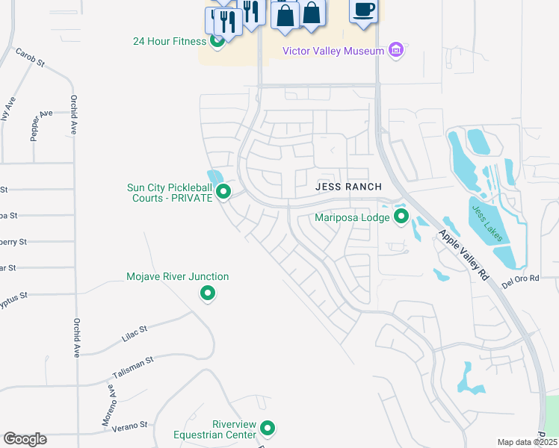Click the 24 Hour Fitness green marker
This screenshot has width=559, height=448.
[x=217, y=41]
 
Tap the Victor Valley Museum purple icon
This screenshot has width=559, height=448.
[x=396, y=51]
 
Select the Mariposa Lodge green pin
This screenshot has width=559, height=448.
[x=401, y=217]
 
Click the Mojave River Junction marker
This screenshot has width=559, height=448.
[x=209, y=293]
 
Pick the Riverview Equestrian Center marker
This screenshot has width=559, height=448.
[x=268, y=429]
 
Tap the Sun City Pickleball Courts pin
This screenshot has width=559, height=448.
[x=223, y=193]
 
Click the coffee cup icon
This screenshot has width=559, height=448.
[x=363, y=10]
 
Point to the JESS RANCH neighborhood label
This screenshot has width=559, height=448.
[x=348, y=187]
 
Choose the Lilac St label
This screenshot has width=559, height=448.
[x=135, y=333]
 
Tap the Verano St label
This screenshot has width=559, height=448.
[x=131, y=426]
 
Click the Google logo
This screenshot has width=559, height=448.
[x=25, y=439]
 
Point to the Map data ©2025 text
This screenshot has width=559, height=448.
[x=527, y=443]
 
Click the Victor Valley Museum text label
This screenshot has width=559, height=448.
[x=333, y=51]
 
